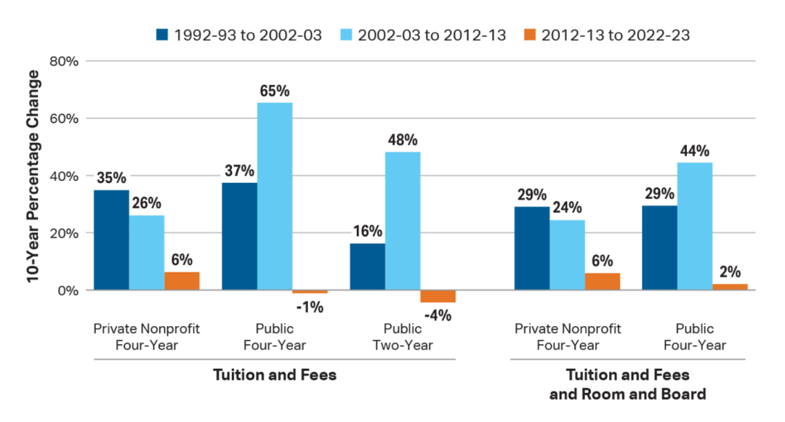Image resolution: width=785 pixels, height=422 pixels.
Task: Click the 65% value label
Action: [x=275, y=91]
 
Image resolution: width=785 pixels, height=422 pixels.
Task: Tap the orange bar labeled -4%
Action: [x=438, y=296]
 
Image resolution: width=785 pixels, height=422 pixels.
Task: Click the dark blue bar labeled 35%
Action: [x=111, y=240]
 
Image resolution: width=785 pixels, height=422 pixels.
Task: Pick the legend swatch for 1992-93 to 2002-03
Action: [x=161, y=34]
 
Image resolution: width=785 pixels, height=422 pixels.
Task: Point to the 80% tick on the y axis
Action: [x=63, y=61]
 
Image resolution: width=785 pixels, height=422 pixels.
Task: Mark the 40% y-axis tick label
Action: [x=63, y=176]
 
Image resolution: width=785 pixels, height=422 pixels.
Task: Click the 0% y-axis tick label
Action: [x=66, y=291]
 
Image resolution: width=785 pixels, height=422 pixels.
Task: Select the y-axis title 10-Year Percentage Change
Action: [x=33, y=176]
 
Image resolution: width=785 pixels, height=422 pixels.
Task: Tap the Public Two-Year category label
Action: [x=403, y=337]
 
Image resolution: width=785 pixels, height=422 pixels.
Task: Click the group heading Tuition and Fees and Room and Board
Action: [x=627, y=385]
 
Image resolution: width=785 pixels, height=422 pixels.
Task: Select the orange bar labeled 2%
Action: [x=730, y=287]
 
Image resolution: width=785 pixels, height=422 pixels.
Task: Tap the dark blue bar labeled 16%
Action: [x=367, y=267]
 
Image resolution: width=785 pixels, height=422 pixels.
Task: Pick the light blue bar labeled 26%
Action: [x=147, y=253]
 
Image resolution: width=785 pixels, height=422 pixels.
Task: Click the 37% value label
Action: [x=239, y=171]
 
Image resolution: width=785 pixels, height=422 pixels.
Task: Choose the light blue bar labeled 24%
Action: [x=567, y=255]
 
